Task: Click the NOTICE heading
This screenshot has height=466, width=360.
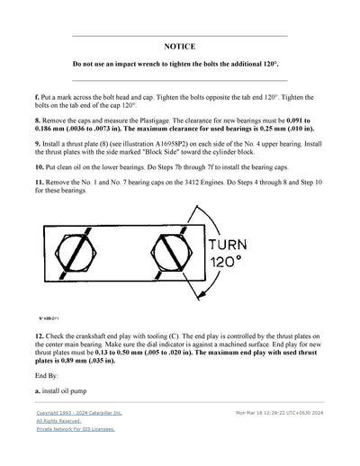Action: (179, 45)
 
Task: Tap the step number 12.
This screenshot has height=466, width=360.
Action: (40, 335)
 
